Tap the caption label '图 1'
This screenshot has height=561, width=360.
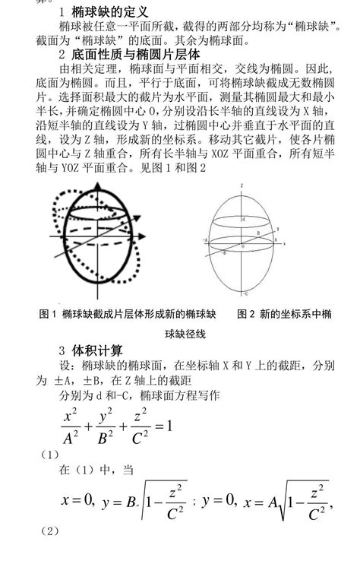pos(47,313)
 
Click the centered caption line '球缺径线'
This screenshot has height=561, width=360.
pos(181,332)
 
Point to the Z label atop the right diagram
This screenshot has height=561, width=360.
pos(242,185)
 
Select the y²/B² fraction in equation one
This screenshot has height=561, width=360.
pos(112,424)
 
